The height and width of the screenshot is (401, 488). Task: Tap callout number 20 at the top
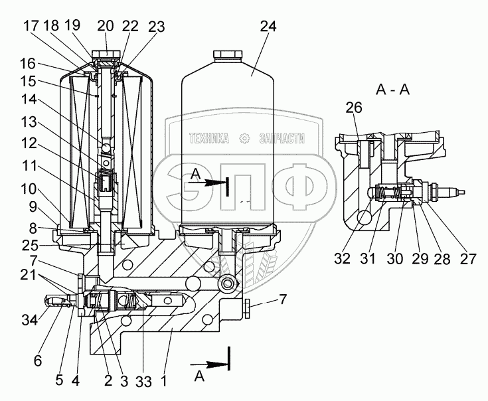click(106, 26)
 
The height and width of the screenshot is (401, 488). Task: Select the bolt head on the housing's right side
click(247, 307)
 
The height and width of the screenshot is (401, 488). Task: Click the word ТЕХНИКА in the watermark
click(209, 138)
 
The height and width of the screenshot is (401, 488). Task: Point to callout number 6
click(37, 362)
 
